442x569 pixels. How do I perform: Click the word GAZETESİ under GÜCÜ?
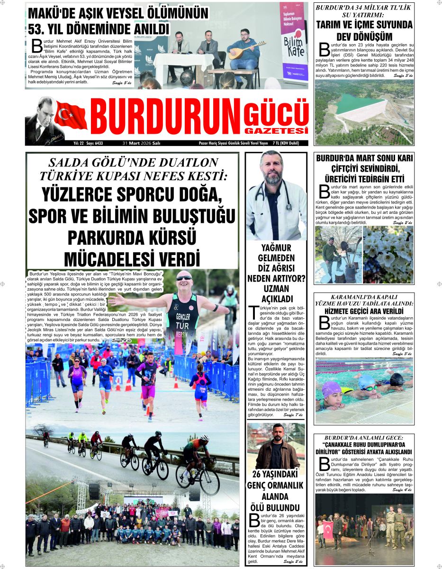(x=277, y=130)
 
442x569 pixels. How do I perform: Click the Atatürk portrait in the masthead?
(x=40, y=120)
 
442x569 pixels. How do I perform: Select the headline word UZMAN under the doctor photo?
(x=276, y=288)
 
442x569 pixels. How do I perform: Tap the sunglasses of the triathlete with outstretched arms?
(x=184, y=278)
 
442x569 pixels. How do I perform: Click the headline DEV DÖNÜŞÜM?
(x=364, y=37)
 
